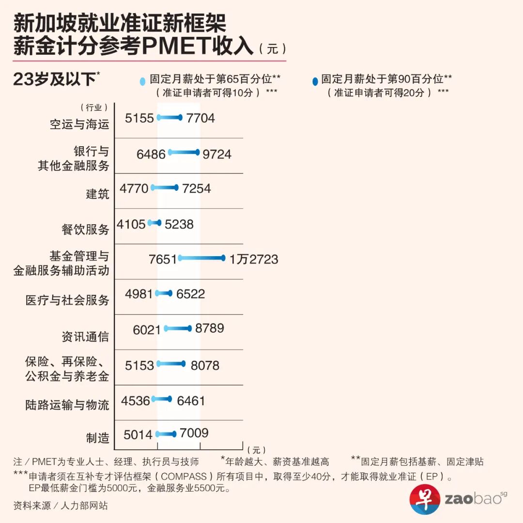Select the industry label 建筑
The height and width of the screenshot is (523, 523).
[x=97, y=194]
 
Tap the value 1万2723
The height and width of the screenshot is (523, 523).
[x=254, y=259]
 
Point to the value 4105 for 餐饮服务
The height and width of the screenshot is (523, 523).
[x=131, y=224]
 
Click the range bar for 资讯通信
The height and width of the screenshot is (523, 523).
[x=178, y=329]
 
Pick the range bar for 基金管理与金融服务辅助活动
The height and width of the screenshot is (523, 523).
[x=201, y=258]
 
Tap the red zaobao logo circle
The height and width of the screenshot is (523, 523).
[x=424, y=499]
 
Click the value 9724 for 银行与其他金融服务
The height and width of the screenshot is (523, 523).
[x=217, y=154]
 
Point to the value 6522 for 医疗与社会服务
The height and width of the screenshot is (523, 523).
[x=190, y=294]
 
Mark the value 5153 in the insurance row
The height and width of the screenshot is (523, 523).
[x=139, y=366]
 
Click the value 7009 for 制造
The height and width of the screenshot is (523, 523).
[x=194, y=433]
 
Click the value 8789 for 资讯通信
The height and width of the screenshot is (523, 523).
[x=210, y=328]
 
